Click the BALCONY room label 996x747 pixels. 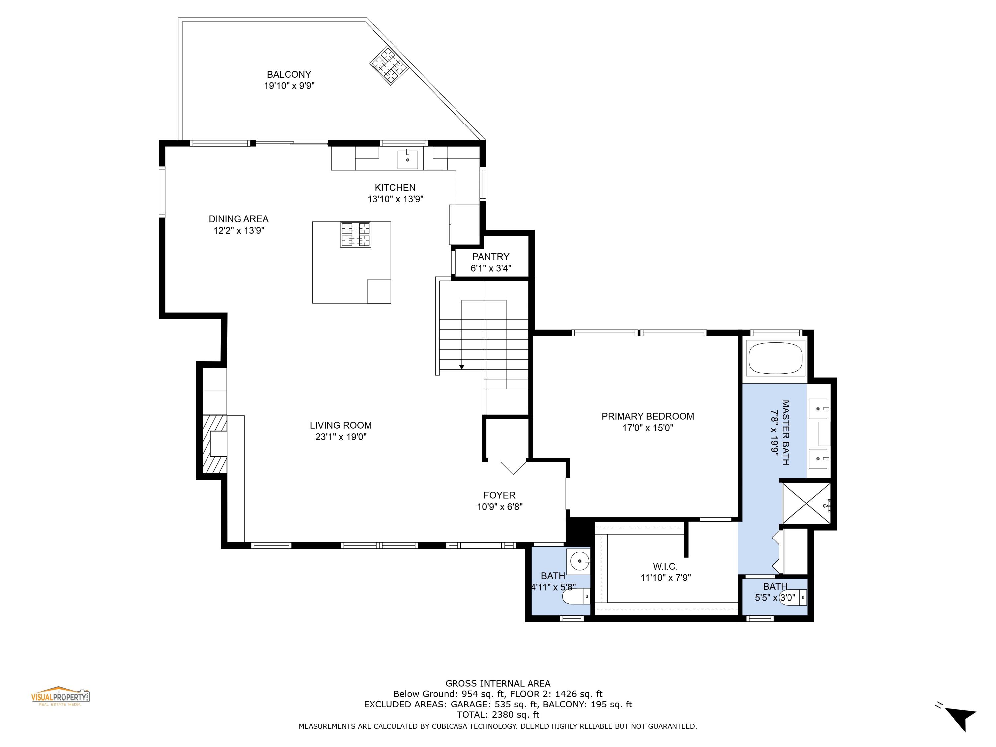[x=289, y=75]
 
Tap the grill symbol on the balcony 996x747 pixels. [x=389, y=66]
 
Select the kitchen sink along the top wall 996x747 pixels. [x=408, y=159]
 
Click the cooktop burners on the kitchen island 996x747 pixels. [x=355, y=235]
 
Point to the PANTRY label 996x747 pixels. [x=490, y=257]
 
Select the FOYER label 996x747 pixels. [x=499, y=495]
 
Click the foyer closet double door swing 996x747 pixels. [x=513, y=467]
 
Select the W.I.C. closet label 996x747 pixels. [x=665, y=566]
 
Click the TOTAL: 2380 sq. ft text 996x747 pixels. [x=498, y=714]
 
